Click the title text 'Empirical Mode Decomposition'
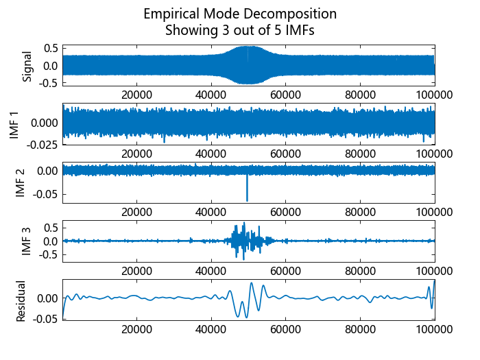point(240,14)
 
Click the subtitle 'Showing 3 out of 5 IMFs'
point(240,30)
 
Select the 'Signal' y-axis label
point(27,66)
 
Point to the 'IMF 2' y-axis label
point(20,182)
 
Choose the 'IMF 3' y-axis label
point(27,241)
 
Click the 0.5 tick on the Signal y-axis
point(49,48)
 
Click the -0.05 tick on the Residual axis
point(44,319)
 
